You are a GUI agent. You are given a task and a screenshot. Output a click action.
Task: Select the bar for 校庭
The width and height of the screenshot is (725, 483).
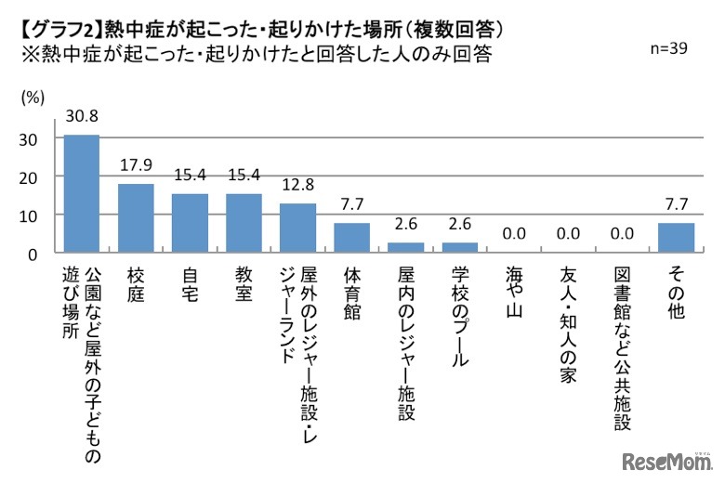[x=136, y=218]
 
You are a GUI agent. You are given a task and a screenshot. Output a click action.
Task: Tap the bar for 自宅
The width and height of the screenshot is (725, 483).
[x=190, y=223]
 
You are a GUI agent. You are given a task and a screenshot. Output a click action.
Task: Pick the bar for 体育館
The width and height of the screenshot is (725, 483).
[x=352, y=238]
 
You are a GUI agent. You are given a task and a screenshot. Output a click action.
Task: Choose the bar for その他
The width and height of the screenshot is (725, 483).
[x=676, y=238]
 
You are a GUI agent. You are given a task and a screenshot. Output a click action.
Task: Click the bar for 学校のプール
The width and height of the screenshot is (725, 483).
[x=460, y=248]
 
